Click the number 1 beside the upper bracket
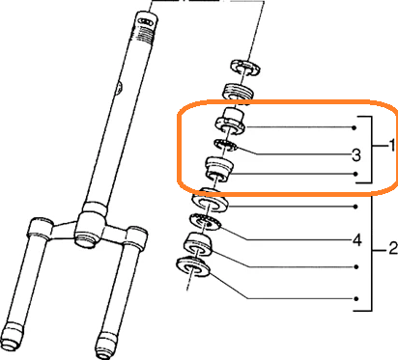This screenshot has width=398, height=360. click(x=391, y=146)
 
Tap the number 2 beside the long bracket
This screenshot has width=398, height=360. click(x=393, y=249)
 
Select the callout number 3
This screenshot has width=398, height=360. click(x=355, y=155)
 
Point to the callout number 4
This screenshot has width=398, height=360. click(x=356, y=240)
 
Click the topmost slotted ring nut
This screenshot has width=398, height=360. click(x=245, y=67)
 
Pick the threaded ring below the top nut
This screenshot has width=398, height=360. click(x=239, y=92)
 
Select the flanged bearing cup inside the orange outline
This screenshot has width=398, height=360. click(x=231, y=122)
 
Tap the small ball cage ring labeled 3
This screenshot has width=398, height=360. click(x=226, y=145)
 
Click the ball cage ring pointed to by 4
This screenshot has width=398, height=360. click(x=206, y=221)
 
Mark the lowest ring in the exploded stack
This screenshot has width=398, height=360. click(x=194, y=266)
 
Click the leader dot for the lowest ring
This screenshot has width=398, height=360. click(x=356, y=298)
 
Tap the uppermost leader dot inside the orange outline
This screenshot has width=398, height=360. click(x=355, y=127)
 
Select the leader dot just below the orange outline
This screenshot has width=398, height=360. click(x=355, y=207)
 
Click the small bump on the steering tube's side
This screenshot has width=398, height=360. click(x=119, y=88)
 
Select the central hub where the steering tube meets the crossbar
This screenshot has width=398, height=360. click(x=91, y=224)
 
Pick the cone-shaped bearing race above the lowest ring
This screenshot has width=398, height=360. click(x=199, y=244)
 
